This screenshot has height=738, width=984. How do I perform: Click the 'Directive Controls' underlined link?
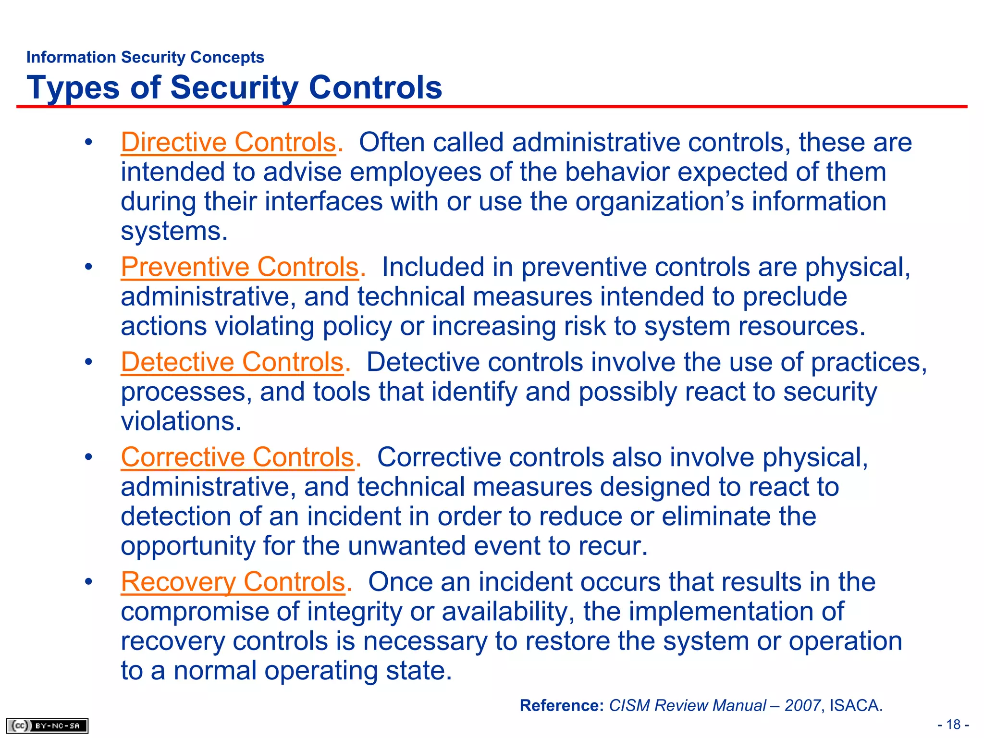[x=228, y=143]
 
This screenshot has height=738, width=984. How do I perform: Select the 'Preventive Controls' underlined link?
[x=240, y=267]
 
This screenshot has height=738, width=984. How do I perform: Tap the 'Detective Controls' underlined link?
[x=232, y=362]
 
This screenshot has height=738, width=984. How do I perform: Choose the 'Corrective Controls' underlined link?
[x=237, y=457]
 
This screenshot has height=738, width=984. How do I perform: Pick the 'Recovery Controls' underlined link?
[x=233, y=582]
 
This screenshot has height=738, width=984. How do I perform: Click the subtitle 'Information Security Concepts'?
[x=145, y=57]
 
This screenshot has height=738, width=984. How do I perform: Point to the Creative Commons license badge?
[x=47, y=726]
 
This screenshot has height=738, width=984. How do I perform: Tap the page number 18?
[x=953, y=725]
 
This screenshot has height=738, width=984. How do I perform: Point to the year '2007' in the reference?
[x=802, y=706]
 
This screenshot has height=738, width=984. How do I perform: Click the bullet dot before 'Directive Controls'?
[x=88, y=143]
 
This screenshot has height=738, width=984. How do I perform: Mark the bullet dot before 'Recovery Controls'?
[x=88, y=582]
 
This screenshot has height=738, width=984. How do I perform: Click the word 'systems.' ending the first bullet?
[x=174, y=232]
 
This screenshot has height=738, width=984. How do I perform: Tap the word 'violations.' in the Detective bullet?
[x=181, y=422]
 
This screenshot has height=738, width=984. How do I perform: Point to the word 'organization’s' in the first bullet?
[x=660, y=202]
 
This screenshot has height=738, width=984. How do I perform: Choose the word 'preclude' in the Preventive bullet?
[x=795, y=297]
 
